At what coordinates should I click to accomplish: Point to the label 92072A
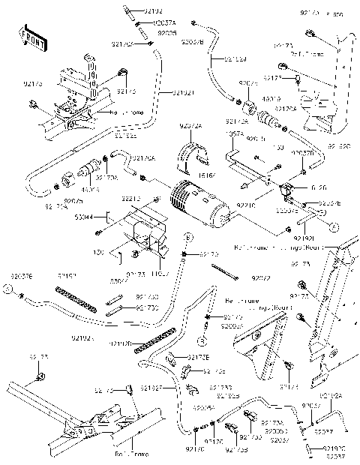click(190, 128)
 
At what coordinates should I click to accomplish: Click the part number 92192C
click(335, 448)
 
